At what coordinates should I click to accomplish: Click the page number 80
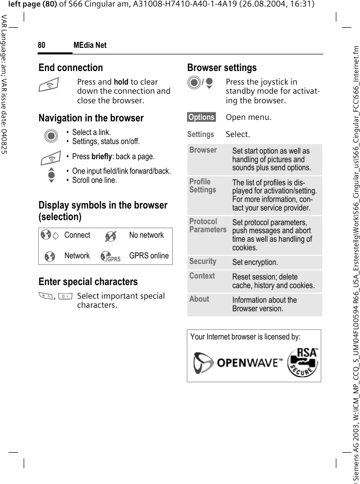tap(41, 45)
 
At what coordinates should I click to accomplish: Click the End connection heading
tap(70, 67)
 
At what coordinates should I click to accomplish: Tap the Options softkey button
tap(201, 117)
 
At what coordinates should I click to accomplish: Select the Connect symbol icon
tap(49, 236)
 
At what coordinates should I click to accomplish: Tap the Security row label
tap(202, 261)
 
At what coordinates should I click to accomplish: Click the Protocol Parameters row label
tap(207, 226)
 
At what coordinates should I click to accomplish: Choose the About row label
tap(199, 299)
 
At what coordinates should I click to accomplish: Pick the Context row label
tap(202, 276)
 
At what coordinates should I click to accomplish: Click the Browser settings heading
tap(222, 67)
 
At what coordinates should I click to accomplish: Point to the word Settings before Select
tap(200, 134)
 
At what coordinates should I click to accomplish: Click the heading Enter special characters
tap(88, 282)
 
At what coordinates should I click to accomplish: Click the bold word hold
tap(121, 82)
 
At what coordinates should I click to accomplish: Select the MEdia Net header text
tap(90, 45)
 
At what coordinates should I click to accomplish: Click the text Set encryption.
tap(255, 262)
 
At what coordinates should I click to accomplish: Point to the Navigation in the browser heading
tap(91, 118)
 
